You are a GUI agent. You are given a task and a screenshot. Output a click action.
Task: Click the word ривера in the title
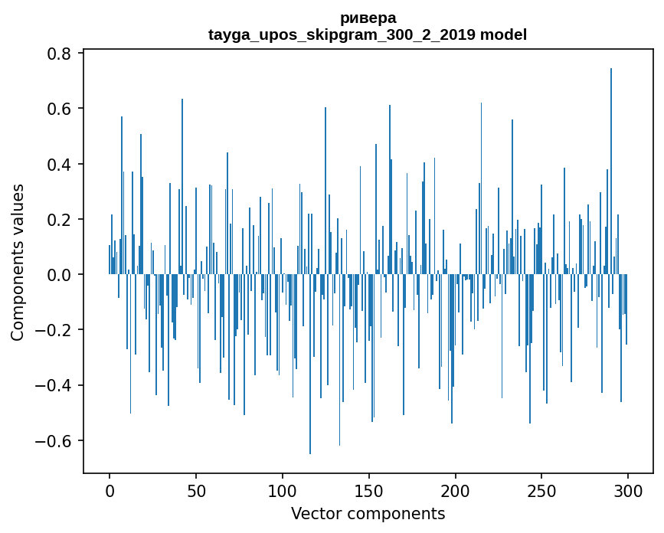(368, 18)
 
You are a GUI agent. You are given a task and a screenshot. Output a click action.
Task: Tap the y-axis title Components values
(18, 262)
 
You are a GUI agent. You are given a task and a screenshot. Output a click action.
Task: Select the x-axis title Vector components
(368, 513)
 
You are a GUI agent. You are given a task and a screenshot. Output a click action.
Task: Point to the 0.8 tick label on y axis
(60, 54)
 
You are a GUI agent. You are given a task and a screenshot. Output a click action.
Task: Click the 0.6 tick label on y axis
(60, 109)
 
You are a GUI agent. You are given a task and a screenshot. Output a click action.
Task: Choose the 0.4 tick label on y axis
(60, 165)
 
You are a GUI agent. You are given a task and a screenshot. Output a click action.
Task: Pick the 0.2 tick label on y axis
(60, 220)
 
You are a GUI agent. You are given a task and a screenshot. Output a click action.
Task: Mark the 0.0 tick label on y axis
(60, 275)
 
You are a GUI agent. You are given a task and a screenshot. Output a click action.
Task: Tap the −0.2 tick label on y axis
(55, 330)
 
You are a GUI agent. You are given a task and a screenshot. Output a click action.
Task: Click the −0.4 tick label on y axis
(55, 385)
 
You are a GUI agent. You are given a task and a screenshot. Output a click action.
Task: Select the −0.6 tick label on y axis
(55, 441)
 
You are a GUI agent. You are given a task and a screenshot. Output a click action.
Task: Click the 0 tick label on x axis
(110, 490)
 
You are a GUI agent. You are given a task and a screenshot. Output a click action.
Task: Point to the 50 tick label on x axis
(196, 490)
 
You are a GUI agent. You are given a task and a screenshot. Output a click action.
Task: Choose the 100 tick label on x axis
(283, 490)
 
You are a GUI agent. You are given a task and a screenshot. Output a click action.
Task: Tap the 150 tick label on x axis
(369, 490)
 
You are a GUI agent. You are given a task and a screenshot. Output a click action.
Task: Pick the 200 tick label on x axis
(456, 490)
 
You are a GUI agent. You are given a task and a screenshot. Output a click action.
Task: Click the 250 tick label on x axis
(542, 490)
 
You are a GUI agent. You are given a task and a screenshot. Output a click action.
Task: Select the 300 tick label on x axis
(628, 490)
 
